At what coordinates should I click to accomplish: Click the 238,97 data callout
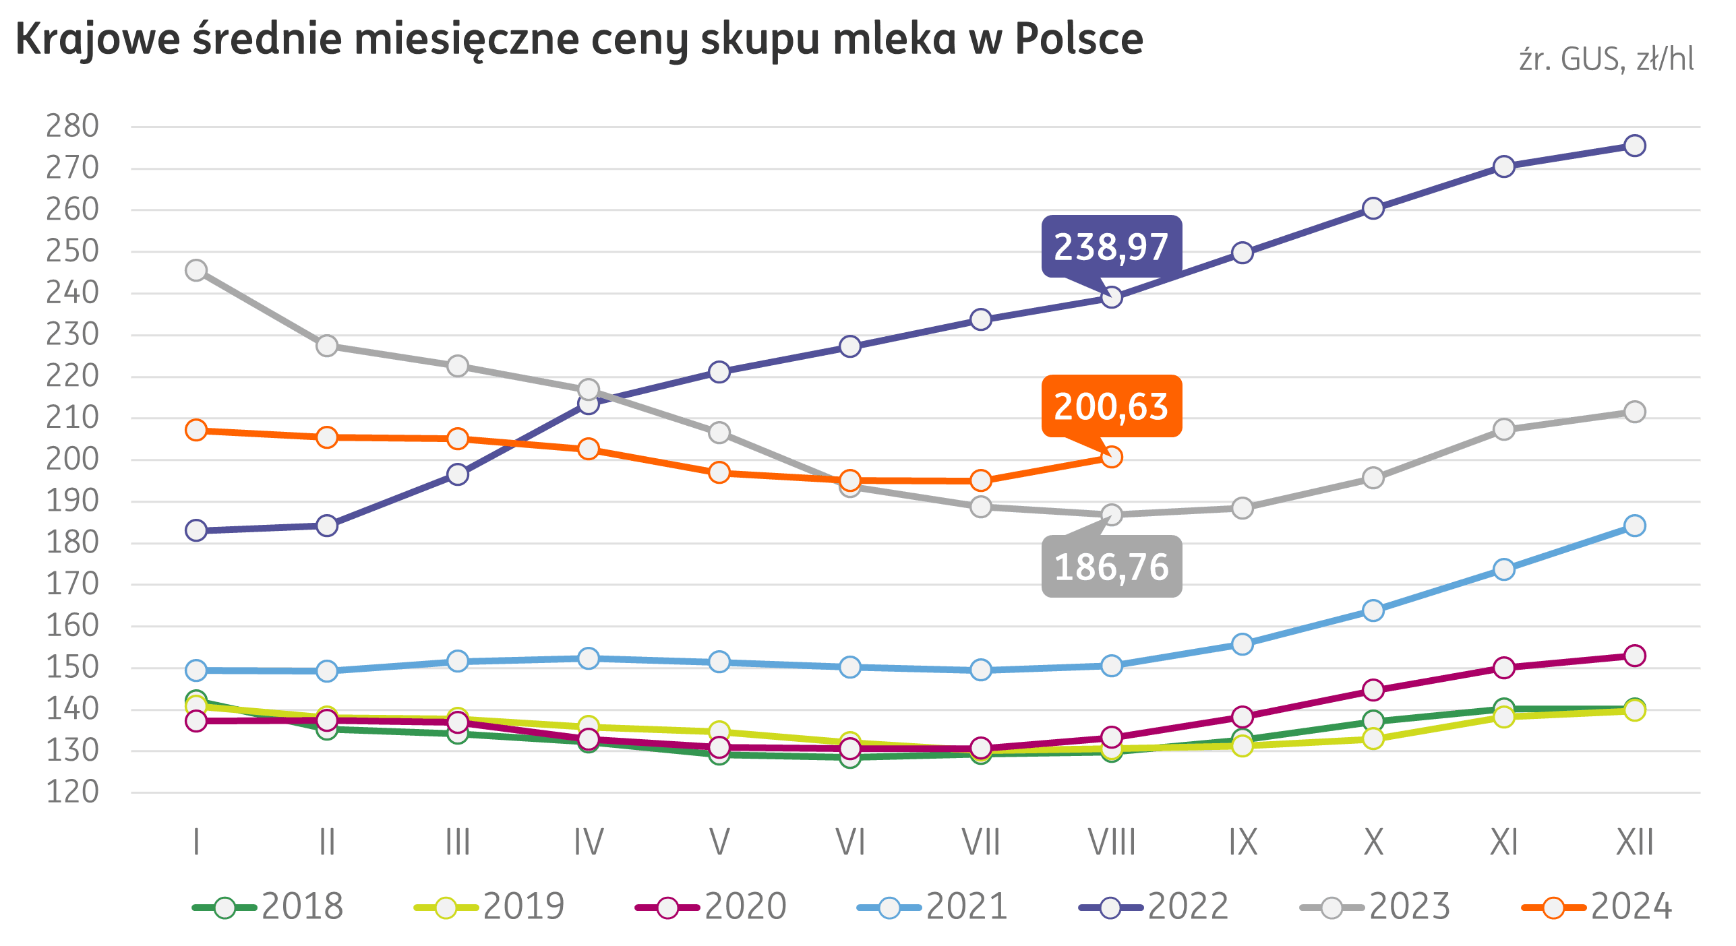1110,247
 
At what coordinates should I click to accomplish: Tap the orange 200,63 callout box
1110,406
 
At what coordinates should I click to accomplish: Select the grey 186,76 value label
1110,567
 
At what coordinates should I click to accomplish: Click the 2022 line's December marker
1634,146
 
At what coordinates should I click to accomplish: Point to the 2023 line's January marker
196,270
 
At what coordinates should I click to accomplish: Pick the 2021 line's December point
1634,526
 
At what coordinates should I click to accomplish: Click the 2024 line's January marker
196,430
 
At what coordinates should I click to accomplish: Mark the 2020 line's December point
1634,655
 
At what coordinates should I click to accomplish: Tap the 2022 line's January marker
196,530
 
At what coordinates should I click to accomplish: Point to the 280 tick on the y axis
72,126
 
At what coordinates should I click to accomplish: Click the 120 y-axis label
72,792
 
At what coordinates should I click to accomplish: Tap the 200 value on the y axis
72,460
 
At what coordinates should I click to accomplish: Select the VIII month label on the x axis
1111,842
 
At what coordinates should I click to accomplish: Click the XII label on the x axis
1634,842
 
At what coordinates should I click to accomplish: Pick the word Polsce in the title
1079,39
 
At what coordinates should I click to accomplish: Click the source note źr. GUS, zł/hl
1606,60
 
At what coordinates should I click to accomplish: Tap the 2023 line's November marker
1504,429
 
